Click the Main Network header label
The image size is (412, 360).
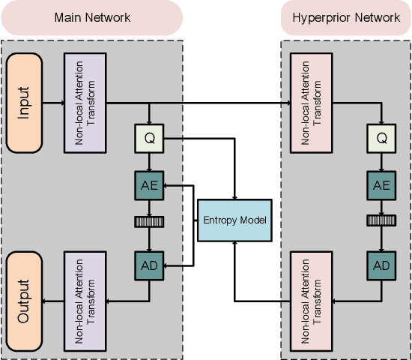click(x=92, y=17)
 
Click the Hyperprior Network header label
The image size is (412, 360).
click(x=345, y=17)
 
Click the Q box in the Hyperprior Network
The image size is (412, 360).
click(x=381, y=139)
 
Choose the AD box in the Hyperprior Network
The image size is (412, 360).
click(x=381, y=265)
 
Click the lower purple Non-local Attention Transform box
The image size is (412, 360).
click(x=88, y=301)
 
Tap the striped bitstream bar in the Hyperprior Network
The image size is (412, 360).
click(x=381, y=220)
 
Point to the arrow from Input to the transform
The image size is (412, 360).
click(x=53, y=103)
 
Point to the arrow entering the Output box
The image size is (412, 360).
click(x=53, y=301)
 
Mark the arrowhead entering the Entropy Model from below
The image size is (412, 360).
click(x=234, y=246)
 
